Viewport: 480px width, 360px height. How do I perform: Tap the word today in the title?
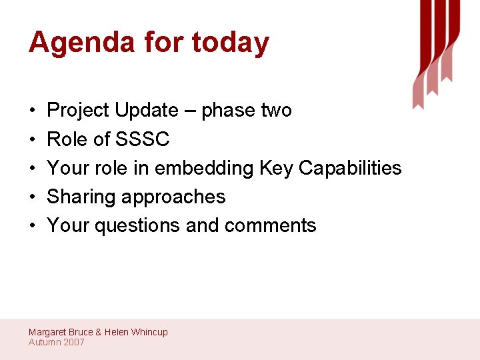tap(230, 43)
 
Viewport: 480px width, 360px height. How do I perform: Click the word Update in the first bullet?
tap(147, 110)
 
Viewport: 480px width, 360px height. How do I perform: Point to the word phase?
tap(227, 110)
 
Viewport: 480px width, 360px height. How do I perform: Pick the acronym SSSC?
tap(143, 139)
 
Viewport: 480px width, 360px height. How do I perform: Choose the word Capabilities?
tap(350, 168)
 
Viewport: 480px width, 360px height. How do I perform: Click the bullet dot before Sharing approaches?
tap(32, 197)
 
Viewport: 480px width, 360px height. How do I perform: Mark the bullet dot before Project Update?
tap(32, 111)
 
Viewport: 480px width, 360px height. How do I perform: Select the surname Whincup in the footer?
tap(149, 332)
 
